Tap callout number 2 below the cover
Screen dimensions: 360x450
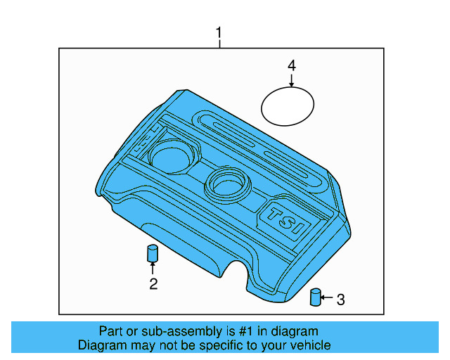(153, 284)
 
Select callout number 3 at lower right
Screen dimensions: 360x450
(340, 300)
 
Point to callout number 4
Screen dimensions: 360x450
(291, 65)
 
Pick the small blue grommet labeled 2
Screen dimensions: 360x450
(152, 253)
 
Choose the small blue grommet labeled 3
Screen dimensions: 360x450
(316, 297)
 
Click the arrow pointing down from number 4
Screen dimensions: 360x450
(291, 80)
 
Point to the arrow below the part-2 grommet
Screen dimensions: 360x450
(152, 268)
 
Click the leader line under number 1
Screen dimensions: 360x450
(219, 44)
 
